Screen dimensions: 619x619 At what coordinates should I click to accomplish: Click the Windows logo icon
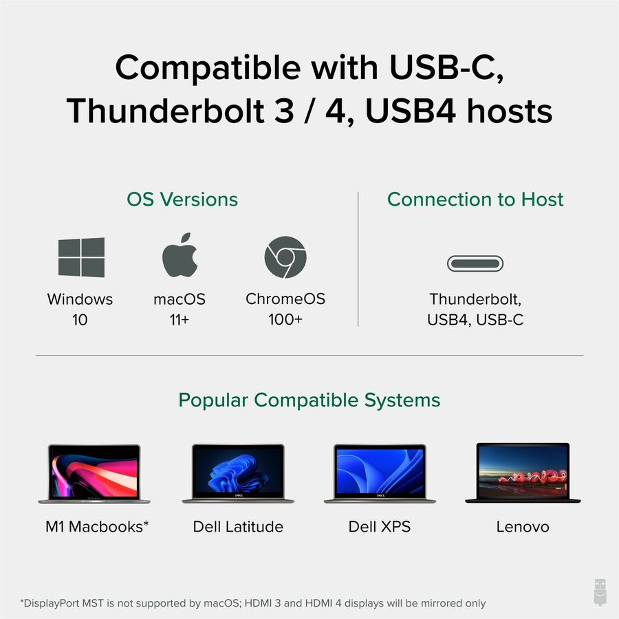81,257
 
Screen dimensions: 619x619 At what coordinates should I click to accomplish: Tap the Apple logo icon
180,256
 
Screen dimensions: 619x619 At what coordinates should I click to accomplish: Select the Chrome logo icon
285,257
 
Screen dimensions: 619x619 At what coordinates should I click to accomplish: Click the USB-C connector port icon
475,263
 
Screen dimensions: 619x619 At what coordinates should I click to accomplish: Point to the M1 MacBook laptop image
94,473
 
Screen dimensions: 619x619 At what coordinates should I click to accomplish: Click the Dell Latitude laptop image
238,473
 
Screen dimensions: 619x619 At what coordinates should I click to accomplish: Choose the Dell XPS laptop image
380,473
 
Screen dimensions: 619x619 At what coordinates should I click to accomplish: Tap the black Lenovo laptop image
523,473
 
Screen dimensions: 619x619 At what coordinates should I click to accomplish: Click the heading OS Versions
182,199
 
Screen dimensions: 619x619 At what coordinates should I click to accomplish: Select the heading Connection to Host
475,199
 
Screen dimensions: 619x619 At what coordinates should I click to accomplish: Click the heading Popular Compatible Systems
309,400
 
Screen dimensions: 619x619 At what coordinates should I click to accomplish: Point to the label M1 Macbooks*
97,527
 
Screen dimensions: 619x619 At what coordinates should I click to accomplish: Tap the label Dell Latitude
238,527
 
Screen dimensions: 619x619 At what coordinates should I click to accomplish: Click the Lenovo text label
523,527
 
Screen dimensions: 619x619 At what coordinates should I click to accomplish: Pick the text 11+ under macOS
180,320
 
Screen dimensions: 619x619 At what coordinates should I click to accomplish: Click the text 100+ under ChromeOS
285,320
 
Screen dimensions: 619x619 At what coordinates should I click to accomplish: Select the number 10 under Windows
80,320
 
